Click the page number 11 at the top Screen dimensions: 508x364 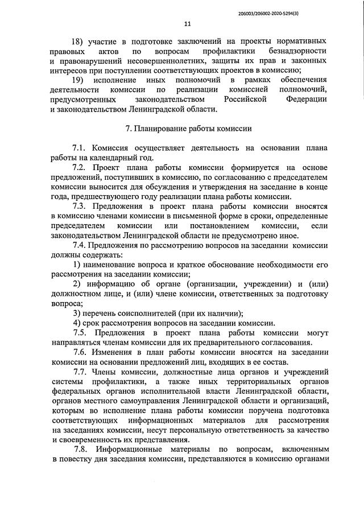(188, 24)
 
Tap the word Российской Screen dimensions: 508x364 (242, 100)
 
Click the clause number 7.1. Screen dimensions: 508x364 (81, 148)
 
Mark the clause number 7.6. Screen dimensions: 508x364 (81, 353)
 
